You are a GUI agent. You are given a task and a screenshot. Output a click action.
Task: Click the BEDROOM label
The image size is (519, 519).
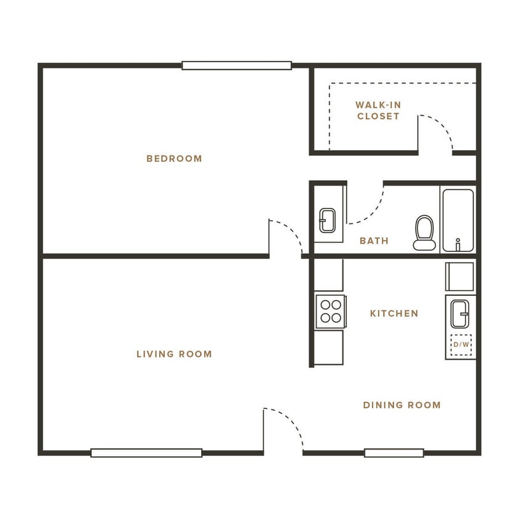pos(174,159)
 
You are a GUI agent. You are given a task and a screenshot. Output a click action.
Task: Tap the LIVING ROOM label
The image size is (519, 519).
pos(174,354)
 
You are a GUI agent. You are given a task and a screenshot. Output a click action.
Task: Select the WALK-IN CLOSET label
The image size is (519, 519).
pos(378,111)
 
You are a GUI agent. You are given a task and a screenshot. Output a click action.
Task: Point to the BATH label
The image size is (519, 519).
pos(374,241)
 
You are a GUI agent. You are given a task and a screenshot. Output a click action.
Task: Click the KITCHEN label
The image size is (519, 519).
pos(394,314)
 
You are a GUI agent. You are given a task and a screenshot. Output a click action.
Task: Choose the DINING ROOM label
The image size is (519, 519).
pos(402,405)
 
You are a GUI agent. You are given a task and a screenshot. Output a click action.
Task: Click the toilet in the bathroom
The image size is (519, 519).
pos(424,233)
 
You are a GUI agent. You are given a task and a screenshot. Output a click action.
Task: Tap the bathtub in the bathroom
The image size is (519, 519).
pos(458,220)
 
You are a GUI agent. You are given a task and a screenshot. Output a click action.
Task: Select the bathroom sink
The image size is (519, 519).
pos(328,220)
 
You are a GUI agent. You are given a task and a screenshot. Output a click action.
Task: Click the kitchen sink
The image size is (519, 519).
pos(459,314)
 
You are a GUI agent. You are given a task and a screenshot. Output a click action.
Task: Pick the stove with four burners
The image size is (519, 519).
pos(330,311)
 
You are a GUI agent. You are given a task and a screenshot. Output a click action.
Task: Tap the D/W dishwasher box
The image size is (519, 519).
pos(461,344)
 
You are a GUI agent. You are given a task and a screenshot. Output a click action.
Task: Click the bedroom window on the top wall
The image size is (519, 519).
pos(236,65)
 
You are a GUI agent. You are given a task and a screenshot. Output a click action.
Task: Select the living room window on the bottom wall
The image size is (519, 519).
pos(146,453)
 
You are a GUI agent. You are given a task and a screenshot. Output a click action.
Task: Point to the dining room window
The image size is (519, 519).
pos(394,453)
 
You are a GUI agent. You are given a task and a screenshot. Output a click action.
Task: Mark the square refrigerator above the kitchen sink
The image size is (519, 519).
pos(460,277)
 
